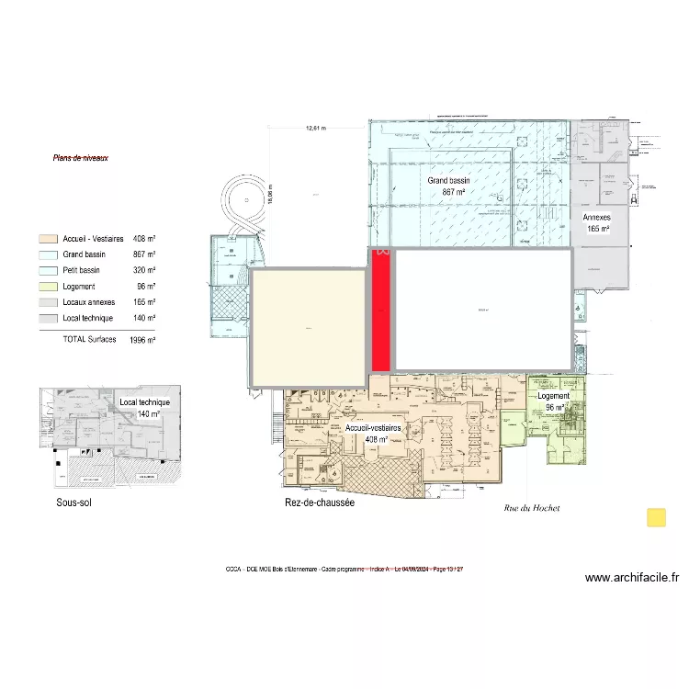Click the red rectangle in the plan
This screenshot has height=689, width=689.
point(379,310)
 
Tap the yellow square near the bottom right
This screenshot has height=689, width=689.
point(657,517)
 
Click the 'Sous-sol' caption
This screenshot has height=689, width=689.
point(73,503)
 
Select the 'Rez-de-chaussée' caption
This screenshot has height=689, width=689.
point(320,503)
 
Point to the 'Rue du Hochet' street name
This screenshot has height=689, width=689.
point(532,508)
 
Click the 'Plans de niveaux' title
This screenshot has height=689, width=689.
point(81,158)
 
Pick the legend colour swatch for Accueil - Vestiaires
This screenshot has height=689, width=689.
point(48,239)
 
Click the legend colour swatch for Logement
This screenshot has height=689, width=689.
point(48,287)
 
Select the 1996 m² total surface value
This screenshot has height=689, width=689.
point(142,340)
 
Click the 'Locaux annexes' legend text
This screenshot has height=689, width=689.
point(89,302)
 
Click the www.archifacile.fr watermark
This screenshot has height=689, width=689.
point(632,578)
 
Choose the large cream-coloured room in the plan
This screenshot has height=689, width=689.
point(308,327)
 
